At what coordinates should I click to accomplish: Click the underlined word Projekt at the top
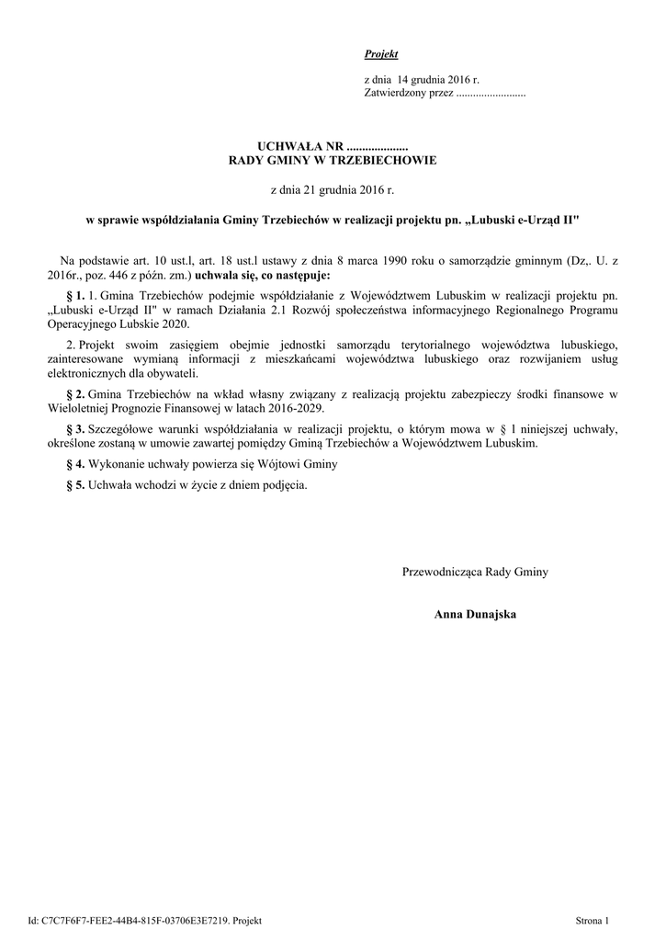coord(381,55)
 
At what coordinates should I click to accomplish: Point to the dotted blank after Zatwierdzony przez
coord(491,94)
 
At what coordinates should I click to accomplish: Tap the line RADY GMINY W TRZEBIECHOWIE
coord(332,160)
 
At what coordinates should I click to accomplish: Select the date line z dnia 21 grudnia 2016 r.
coord(332,190)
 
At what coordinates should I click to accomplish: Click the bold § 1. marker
coord(75,297)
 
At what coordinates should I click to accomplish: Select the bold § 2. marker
coord(75,394)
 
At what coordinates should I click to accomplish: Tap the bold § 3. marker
coord(75,429)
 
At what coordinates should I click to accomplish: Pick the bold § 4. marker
coord(75,464)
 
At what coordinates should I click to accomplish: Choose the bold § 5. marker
coord(75,484)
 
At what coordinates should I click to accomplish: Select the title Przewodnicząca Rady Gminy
coord(475,573)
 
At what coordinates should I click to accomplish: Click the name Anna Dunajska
coord(475,614)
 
